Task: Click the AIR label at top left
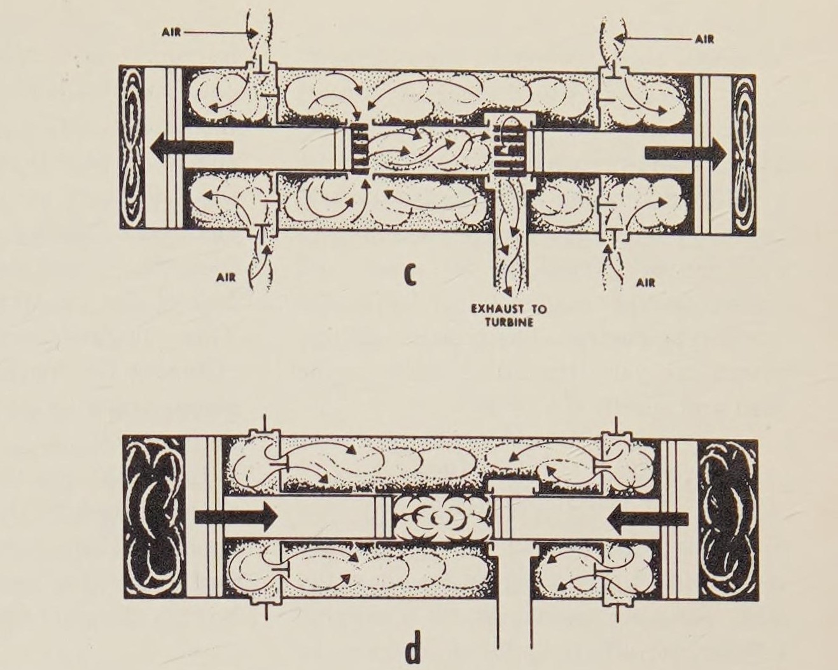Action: pos(171,32)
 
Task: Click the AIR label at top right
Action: pos(704,39)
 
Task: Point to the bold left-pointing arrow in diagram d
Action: pos(648,519)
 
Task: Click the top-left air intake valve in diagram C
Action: pos(261,70)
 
